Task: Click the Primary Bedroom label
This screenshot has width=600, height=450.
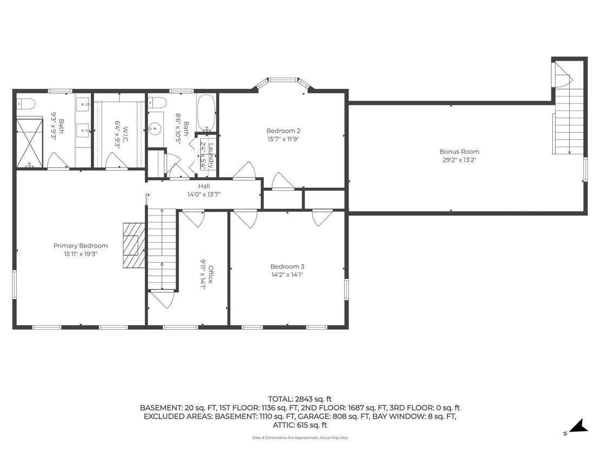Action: point(80,246)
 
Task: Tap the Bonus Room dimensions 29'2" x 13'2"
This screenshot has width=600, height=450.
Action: point(459,160)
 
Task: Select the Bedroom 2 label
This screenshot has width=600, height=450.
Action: point(283,131)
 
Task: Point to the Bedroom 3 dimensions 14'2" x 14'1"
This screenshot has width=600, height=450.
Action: point(287,275)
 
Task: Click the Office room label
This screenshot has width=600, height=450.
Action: point(211,275)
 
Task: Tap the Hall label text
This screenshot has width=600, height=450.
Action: point(204,186)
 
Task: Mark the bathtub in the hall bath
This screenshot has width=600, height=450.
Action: point(207,113)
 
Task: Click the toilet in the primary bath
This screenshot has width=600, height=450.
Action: point(26,103)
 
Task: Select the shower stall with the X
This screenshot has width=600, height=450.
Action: point(30,143)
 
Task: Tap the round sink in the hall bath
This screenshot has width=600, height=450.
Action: point(154,128)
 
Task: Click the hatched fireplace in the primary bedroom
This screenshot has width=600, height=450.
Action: point(134,246)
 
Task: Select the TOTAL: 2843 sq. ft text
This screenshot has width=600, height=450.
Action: point(299,399)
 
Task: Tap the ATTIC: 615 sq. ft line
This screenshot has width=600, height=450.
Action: point(299,425)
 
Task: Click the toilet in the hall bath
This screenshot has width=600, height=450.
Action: point(157,102)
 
